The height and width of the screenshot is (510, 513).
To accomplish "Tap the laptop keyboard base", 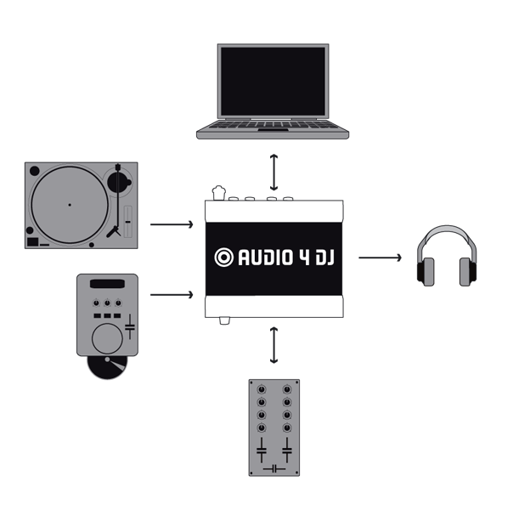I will click(x=273, y=130).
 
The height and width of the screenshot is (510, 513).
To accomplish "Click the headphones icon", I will click(x=446, y=256).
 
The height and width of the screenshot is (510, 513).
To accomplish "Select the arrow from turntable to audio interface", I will click(x=171, y=225).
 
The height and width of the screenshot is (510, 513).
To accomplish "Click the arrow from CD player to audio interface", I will click(x=171, y=295).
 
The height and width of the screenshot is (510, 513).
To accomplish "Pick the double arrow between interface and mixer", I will click(x=273, y=344).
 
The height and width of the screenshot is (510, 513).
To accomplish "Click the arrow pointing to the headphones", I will click(x=380, y=256).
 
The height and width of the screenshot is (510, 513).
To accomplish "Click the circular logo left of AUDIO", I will click(x=224, y=257).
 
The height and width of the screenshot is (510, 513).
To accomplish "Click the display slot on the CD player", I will click(x=107, y=284).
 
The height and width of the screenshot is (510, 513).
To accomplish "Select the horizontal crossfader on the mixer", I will click(x=274, y=468).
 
